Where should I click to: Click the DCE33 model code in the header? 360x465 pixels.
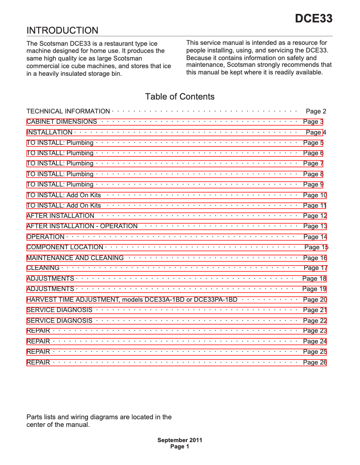[x=313, y=19]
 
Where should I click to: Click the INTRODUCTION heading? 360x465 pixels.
[x=62, y=30]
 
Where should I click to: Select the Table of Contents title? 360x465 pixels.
[x=180, y=96]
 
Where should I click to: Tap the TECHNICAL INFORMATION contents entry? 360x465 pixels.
[x=68, y=111]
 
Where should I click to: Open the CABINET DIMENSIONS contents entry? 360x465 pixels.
[x=62, y=122]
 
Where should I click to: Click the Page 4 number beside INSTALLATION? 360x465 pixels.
[x=316, y=132]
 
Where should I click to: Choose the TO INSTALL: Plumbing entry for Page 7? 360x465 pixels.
[x=60, y=163]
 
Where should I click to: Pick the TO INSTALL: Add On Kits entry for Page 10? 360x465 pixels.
[x=64, y=195]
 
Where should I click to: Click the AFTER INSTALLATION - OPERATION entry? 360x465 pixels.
[x=82, y=226]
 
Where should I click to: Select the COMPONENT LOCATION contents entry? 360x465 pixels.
[x=65, y=247]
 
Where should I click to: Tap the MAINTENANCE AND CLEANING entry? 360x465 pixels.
[x=75, y=258]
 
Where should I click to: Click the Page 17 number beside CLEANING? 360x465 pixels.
[x=316, y=268]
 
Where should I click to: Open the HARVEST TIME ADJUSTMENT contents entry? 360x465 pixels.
[x=132, y=300]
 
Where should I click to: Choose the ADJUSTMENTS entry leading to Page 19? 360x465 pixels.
[x=50, y=289]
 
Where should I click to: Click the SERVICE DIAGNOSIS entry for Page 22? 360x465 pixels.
[x=60, y=321]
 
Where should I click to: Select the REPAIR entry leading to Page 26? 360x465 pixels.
[x=39, y=362]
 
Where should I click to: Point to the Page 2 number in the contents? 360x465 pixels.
[x=316, y=111]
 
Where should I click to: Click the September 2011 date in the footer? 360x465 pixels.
[x=180, y=440]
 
